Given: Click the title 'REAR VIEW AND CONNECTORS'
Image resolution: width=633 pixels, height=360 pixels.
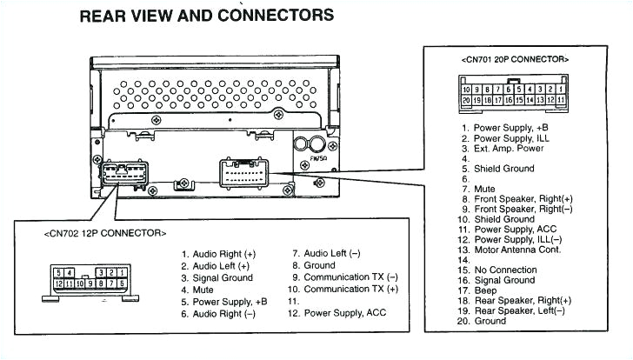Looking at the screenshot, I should [x=206, y=15].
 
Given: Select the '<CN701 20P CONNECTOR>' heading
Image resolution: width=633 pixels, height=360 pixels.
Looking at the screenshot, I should [x=515, y=59].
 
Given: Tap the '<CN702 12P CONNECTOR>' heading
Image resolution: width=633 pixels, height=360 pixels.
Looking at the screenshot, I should [x=105, y=233].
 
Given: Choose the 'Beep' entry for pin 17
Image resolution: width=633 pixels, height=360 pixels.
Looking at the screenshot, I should [x=487, y=290].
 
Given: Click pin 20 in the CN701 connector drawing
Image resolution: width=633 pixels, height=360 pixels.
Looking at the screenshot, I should [x=467, y=101].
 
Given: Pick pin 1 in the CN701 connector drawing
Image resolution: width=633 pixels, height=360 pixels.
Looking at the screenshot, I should [x=562, y=90].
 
